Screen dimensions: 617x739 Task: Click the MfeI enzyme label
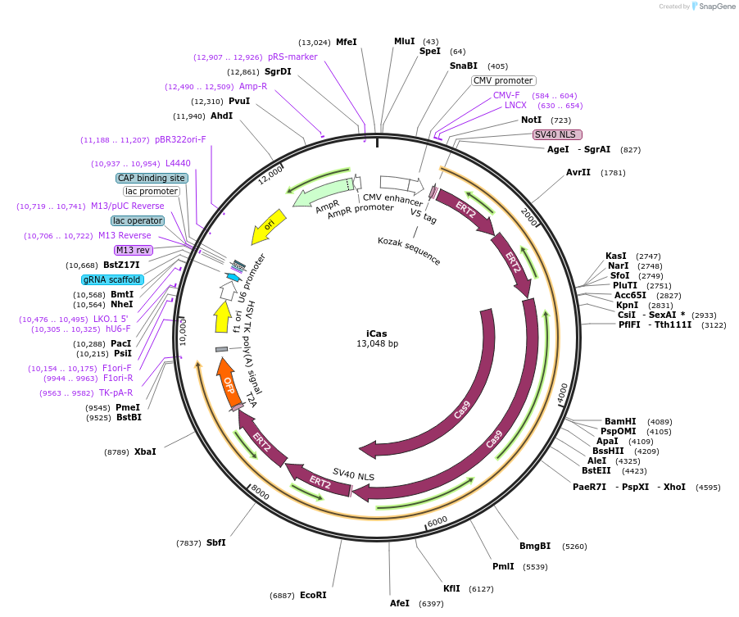347,42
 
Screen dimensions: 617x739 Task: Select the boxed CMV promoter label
503,80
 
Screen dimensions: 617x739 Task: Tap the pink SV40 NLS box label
557,134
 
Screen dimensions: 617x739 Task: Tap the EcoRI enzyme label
313,595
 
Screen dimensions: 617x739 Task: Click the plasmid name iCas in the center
377,333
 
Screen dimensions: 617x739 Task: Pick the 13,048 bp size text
377,344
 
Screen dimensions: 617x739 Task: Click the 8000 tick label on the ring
260,492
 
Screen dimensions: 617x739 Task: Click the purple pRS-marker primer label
292,57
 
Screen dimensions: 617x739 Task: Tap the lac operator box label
138,220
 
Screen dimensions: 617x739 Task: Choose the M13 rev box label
133,250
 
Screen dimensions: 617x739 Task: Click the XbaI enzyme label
145,451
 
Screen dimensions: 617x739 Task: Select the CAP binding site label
152,178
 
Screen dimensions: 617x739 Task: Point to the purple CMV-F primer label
506,95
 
